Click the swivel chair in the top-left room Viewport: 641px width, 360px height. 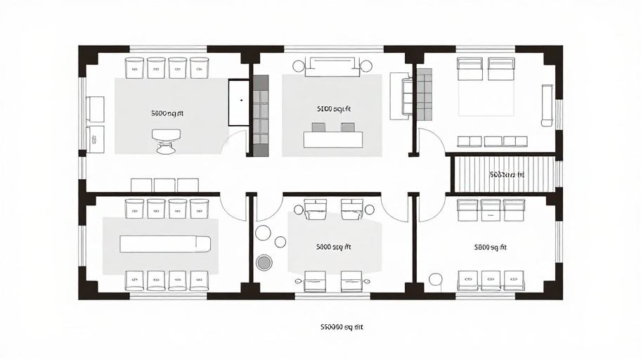pos(166,140)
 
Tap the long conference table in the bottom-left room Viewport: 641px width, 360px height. pos(165,244)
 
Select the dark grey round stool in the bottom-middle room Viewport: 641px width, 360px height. pos(264,263)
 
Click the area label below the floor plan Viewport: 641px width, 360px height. pos(342,327)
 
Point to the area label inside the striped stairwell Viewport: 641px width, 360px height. pos(507,174)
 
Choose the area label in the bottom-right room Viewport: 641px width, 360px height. pos(491,247)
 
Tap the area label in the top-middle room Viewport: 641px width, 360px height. pos(333,109)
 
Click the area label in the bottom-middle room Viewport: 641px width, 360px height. pos(333,247)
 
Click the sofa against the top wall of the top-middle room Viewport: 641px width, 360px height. pos(332,67)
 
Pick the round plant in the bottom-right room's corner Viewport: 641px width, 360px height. pos(436,279)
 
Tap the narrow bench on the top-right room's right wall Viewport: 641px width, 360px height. pos(547,105)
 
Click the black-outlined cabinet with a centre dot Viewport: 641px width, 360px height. pos(240,103)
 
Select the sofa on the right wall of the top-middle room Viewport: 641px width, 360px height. pos(406,96)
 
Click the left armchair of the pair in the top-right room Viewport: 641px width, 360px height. pos(470,68)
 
